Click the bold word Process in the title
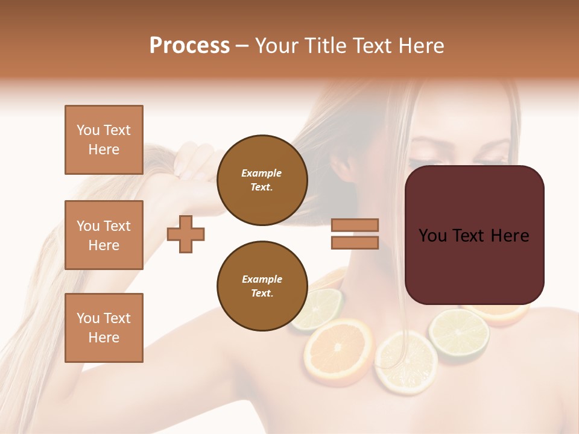tap(189, 46)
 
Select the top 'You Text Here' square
tap(104, 140)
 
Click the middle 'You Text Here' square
tap(104, 235)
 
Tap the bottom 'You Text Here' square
tap(104, 328)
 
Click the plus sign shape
tap(186, 234)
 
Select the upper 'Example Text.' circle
tap(262, 180)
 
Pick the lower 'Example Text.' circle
tap(262, 286)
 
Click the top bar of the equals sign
tap(355, 225)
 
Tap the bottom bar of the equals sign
tap(355, 242)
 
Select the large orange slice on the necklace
tap(338, 349)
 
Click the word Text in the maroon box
tap(474, 236)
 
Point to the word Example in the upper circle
tap(262, 173)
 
